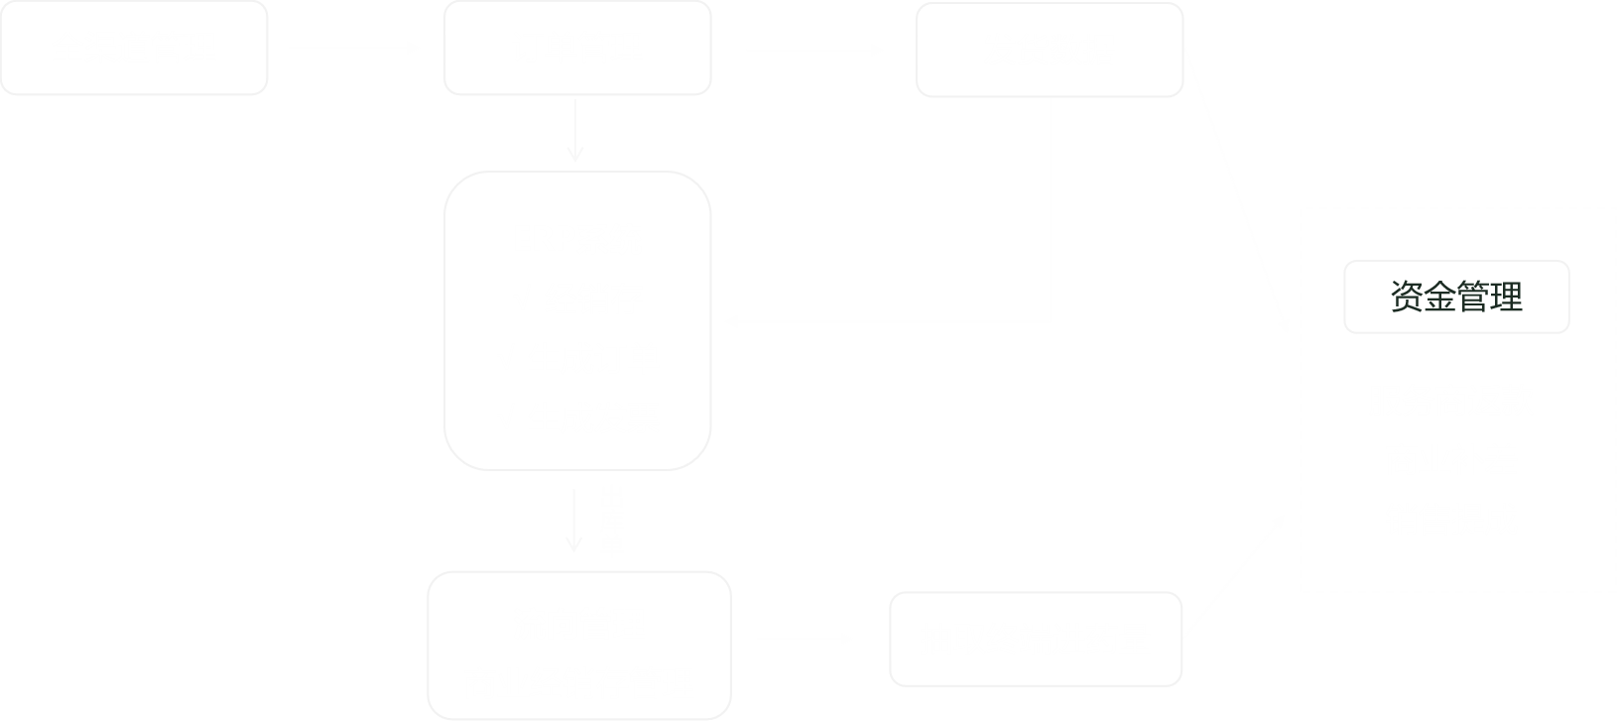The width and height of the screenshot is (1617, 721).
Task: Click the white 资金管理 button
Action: pos(1455,297)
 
